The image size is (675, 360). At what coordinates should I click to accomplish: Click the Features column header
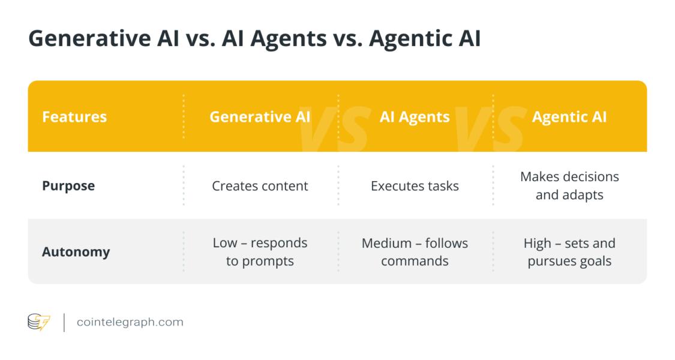[x=74, y=116]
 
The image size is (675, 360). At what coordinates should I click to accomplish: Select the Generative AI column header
[x=259, y=116]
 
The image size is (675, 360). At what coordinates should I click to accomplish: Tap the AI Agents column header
[x=415, y=116]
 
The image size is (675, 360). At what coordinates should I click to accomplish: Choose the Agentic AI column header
[x=569, y=116]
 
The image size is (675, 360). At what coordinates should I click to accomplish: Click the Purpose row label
[x=68, y=186]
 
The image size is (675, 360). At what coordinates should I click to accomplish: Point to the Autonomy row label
[x=76, y=252]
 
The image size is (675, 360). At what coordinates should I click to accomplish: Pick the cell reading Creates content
[x=260, y=186]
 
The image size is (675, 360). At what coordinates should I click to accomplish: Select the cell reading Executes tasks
[x=415, y=186]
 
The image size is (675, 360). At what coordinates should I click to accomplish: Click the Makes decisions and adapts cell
[x=569, y=186]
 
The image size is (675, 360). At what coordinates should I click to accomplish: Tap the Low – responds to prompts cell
[x=260, y=252]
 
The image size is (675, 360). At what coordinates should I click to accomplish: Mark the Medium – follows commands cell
[x=415, y=252]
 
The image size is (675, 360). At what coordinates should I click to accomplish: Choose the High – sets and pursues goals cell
[x=569, y=252]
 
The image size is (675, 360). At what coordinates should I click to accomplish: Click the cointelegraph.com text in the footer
[x=130, y=322]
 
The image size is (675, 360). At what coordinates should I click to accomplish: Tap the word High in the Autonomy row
[x=537, y=244]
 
